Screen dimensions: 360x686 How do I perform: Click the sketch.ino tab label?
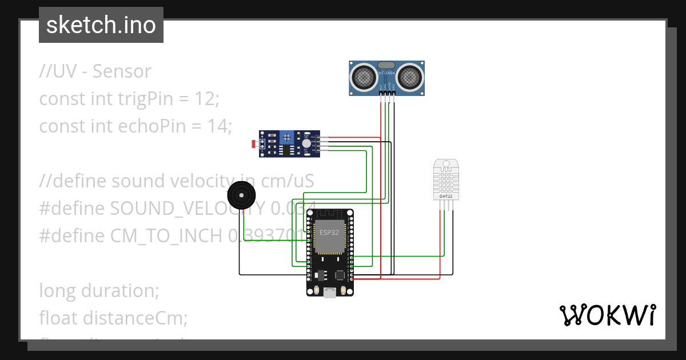101,25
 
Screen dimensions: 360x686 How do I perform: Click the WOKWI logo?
607,315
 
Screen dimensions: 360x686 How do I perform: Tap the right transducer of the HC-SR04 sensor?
409,76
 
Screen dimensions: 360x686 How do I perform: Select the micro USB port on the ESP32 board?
330,293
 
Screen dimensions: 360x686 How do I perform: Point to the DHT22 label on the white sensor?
446,197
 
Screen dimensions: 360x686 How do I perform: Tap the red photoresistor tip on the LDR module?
254,143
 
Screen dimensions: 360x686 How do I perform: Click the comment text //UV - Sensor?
95,71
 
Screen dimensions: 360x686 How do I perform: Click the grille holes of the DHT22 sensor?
446,182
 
